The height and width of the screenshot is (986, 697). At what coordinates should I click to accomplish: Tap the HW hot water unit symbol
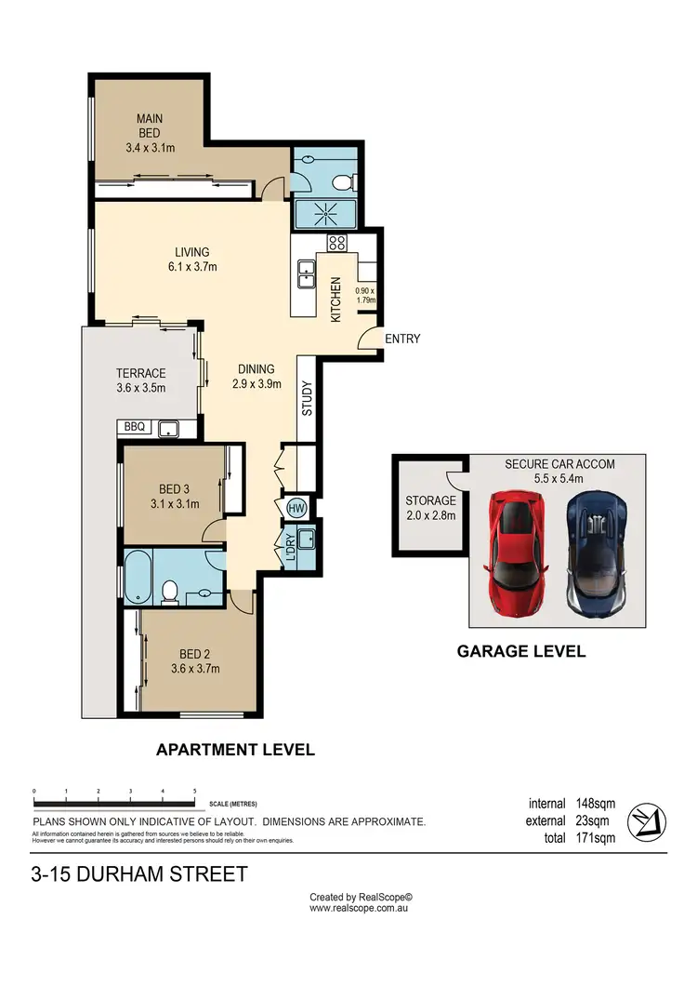(296, 508)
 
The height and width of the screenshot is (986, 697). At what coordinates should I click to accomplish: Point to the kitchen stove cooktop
(336, 244)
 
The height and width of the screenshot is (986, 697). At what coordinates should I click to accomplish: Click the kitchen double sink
(306, 273)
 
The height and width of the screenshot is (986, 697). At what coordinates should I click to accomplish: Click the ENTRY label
(402, 339)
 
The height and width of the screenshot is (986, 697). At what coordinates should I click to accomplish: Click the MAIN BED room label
(150, 126)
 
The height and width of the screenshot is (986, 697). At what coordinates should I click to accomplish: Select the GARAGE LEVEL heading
(520, 651)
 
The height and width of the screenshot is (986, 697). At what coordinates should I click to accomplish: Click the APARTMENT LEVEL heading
(235, 749)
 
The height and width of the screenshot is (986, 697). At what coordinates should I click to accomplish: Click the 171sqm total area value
(595, 838)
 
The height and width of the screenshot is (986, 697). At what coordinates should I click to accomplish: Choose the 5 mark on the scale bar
(194, 791)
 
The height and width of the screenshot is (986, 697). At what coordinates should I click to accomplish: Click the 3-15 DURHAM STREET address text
(139, 874)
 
